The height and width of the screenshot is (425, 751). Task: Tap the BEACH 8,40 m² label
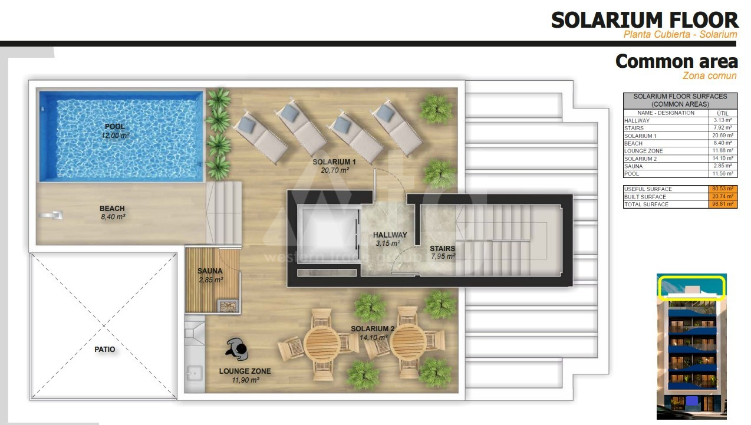click(x=113, y=212)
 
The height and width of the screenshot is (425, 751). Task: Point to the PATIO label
click(x=104, y=349)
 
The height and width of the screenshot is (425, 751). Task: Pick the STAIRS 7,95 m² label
click(x=443, y=252)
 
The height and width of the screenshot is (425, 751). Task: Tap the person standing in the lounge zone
click(x=237, y=349)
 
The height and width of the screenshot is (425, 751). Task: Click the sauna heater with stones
click(x=228, y=306)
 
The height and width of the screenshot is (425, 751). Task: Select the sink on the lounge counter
click(x=194, y=373)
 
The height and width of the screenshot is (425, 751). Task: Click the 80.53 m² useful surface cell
click(x=723, y=189)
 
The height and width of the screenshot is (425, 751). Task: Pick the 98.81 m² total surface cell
click(x=723, y=204)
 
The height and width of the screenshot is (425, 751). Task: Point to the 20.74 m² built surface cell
click(x=723, y=196)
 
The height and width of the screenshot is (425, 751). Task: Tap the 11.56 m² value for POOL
click(x=723, y=174)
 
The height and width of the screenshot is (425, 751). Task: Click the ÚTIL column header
click(x=723, y=113)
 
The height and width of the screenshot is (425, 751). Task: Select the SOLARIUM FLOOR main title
click(x=644, y=20)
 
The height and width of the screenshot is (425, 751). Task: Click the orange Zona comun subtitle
click(x=709, y=76)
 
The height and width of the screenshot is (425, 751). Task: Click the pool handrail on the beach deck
click(x=51, y=215)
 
